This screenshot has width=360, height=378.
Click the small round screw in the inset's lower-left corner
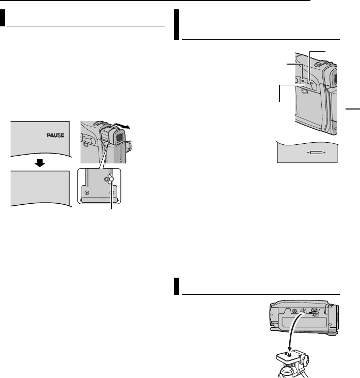tap(86, 192)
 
